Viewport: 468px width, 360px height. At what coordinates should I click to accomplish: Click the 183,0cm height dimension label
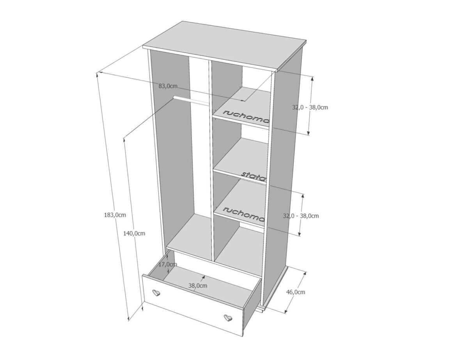coord(115,215)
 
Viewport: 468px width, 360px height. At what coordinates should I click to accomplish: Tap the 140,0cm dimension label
coord(134,233)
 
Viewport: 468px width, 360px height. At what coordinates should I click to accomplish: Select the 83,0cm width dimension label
coord(168,86)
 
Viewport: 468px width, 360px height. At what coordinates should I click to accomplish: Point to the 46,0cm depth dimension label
coord(296,292)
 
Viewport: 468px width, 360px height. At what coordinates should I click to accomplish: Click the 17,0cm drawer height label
coord(168,264)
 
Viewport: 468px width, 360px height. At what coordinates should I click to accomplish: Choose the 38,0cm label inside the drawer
coord(198,286)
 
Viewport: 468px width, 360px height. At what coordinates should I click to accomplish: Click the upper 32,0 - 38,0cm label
coord(310,107)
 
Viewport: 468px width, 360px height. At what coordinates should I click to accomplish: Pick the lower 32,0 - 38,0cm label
coord(301,216)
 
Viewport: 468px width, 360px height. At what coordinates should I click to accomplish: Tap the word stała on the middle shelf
coord(253,176)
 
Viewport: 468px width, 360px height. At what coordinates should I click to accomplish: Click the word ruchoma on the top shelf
coord(246,117)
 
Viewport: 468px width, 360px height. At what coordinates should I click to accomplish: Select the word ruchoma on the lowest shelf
coord(244,214)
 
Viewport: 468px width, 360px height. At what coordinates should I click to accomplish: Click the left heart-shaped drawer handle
coord(156,293)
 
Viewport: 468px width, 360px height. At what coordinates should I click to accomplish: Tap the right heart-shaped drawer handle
coord(228,317)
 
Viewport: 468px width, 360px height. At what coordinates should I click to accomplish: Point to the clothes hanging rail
coord(191,101)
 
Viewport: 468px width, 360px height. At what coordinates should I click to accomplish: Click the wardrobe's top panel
coord(224,46)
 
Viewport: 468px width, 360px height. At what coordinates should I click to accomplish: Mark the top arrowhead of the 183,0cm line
coord(97,74)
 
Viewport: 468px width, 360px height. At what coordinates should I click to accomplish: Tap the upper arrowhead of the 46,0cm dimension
coord(305,274)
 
